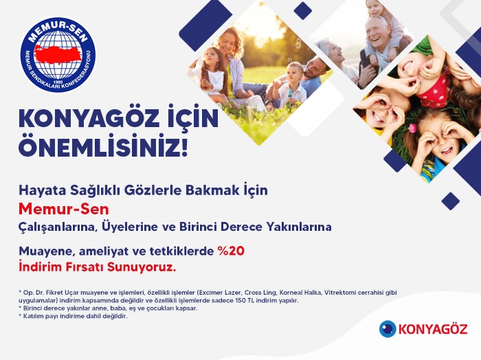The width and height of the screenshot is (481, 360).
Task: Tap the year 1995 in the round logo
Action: tap(58, 82)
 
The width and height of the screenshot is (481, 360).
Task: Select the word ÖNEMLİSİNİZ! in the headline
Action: tap(103, 148)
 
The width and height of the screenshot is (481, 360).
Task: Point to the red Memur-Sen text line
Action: tap(64, 209)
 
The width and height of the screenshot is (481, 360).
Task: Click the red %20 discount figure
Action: tap(231, 251)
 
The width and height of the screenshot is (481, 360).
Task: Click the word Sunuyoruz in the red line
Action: tap(142, 267)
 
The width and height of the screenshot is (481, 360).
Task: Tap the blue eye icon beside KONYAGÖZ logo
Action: tap(388, 328)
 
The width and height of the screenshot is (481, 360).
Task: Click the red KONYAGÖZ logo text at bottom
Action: tap(433, 329)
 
